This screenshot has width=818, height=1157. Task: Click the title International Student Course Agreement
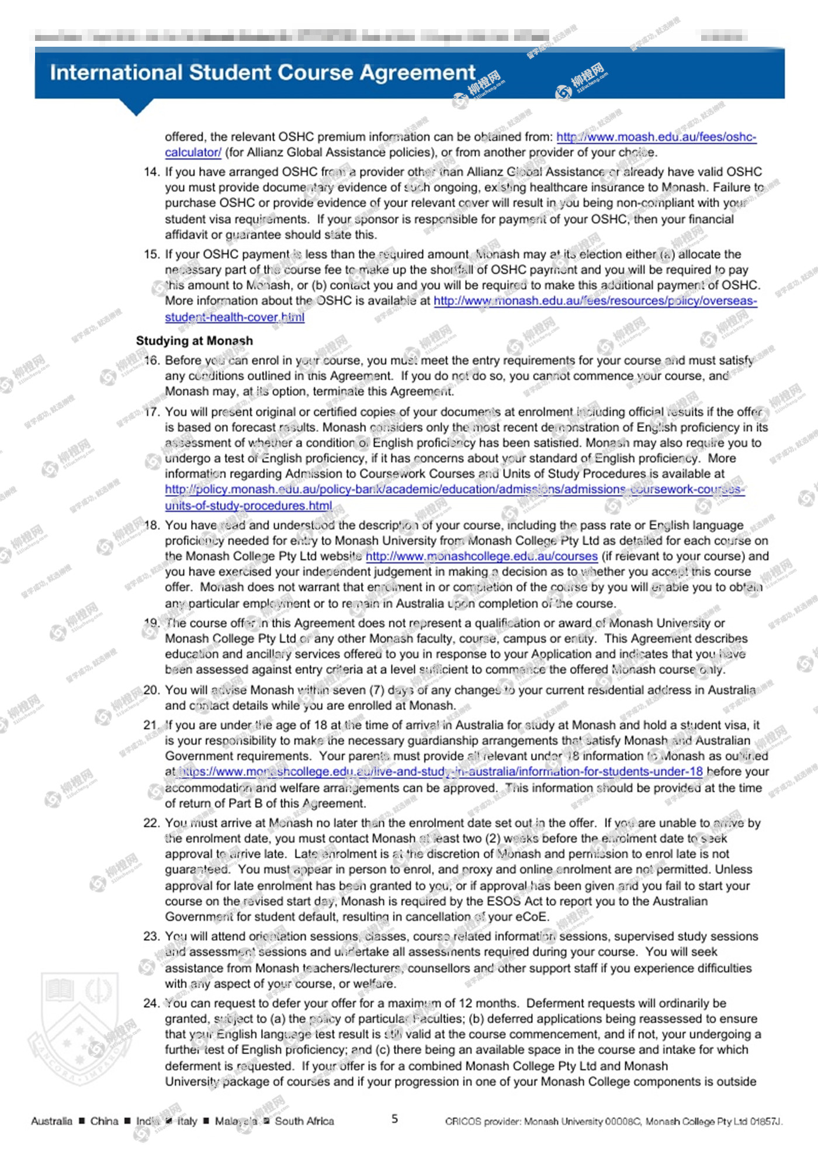click(263, 72)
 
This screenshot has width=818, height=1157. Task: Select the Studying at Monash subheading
click(195, 341)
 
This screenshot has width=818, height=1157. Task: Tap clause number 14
click(151, 172)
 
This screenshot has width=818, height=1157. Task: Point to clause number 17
click(151, 412)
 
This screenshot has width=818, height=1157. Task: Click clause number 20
click(151, 690)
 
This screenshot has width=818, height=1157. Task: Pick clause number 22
click(151, 823)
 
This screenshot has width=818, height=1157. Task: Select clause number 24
click(151, 1003)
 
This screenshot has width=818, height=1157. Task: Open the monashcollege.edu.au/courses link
click(481, 556)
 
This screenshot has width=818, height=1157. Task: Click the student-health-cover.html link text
click(234, 317)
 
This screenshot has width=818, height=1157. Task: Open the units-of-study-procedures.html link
click(248, 505)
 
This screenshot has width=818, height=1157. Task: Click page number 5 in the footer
click(395, 1118)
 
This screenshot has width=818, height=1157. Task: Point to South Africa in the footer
click(304, 1121)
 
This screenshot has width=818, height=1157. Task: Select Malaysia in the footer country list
click(236, 1121)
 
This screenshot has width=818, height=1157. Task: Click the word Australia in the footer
click(51, 1121)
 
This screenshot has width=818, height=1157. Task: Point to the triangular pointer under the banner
click(136, 107)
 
